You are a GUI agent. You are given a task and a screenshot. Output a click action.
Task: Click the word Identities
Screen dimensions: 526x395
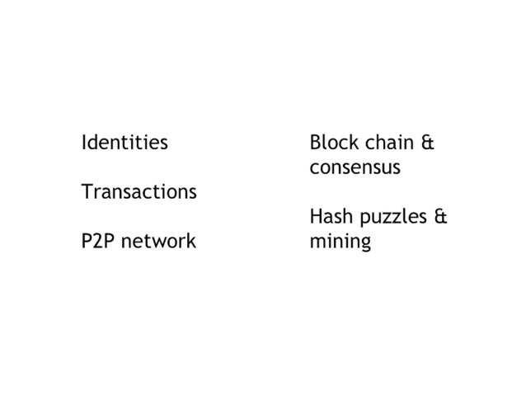[124, 143]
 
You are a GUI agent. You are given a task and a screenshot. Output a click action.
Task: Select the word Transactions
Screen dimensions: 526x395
[139, 192]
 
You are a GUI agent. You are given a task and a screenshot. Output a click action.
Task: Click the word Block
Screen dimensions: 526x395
[331, 143]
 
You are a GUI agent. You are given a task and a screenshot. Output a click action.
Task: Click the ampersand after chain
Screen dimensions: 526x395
[426, 143]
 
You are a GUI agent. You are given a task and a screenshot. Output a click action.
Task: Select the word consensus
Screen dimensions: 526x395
[355, 168]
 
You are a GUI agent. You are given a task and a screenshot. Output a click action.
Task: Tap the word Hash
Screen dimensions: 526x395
[329, 218]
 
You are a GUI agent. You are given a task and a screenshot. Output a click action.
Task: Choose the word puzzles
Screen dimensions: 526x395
[390, 219]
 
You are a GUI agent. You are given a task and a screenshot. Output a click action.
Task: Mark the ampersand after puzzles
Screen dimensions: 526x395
[440, 218]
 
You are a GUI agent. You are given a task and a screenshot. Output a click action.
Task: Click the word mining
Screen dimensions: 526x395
[340, 243]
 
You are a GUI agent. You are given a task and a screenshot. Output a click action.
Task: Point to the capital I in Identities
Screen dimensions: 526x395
[84, 143]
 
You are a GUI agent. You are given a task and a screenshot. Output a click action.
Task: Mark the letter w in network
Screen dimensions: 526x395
[157, 242]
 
